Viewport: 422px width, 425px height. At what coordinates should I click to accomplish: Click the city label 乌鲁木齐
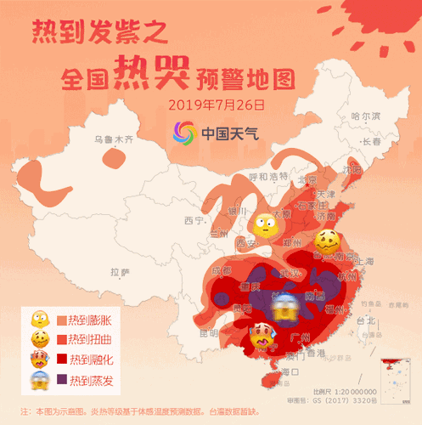(113, 138)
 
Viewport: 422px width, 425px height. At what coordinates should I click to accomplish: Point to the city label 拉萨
(120, 272)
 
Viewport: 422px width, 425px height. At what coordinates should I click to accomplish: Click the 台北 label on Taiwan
(366, 320)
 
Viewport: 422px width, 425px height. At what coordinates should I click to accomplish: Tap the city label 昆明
(206, 331)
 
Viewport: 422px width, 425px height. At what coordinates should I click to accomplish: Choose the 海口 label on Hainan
(290, 371)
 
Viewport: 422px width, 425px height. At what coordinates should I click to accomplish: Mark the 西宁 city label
(194, 220)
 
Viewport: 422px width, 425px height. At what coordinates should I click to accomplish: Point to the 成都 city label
(221, 271)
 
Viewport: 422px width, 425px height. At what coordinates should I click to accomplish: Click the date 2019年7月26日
(217, 105)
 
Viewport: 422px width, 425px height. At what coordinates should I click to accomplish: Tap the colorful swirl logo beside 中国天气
(184, 133)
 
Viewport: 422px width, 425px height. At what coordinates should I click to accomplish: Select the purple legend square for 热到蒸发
(61, 381)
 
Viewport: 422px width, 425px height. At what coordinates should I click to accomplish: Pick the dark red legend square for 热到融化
(61, 361)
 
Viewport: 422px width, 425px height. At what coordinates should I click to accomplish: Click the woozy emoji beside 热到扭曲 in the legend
(39, 341)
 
